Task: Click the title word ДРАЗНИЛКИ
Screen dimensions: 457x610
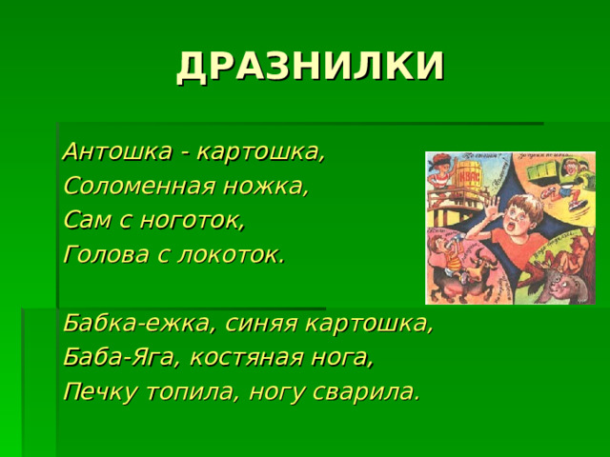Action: point(310,66)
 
